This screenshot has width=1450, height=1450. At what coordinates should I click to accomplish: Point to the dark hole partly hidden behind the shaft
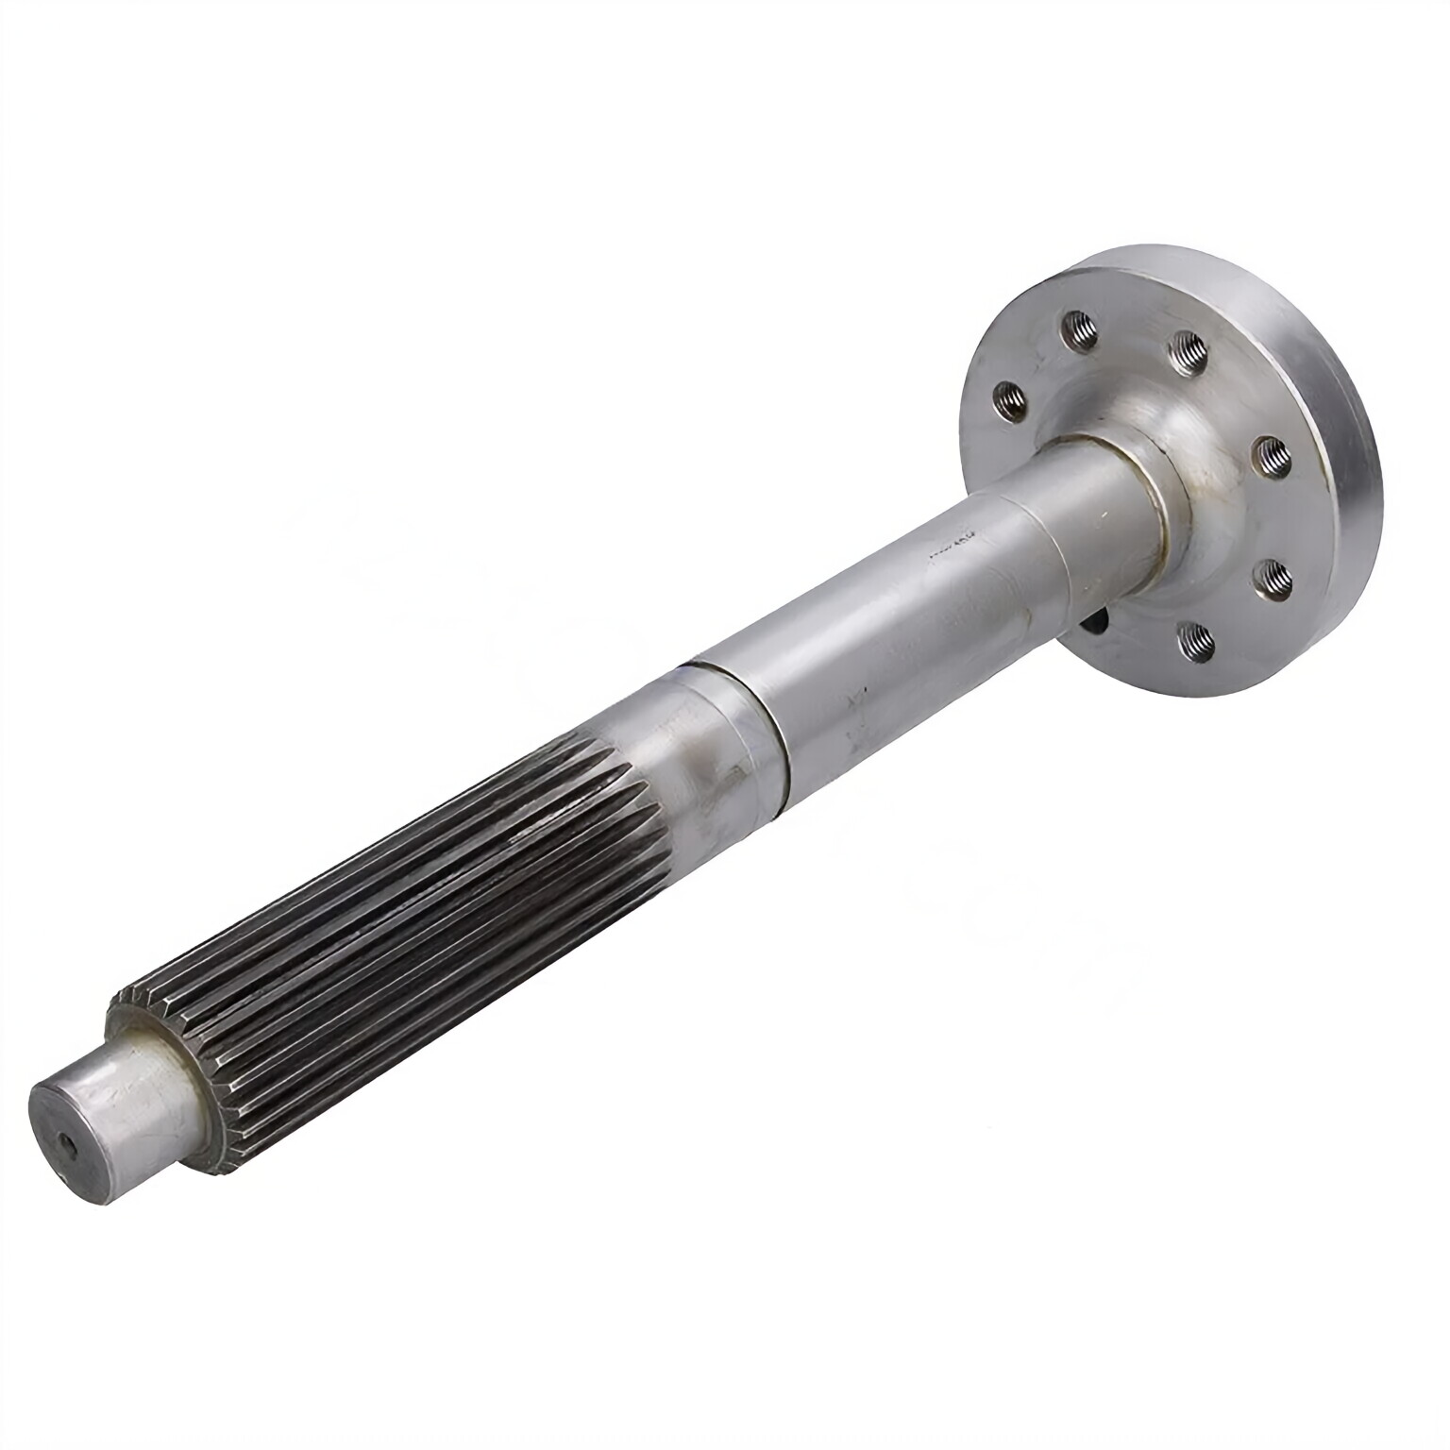1098,626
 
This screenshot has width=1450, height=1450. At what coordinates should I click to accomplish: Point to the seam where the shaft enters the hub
1156,510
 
